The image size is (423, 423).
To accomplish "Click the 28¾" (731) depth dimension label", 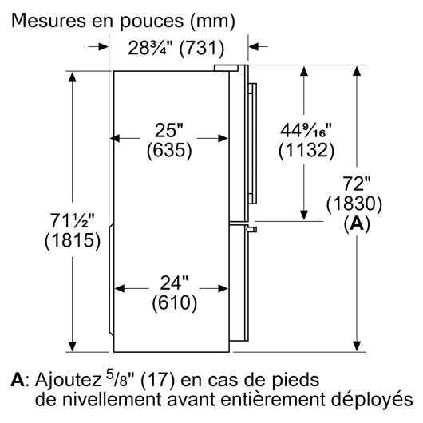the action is click(x=176, y=49).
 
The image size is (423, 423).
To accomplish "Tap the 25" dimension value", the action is click(x=169, y=130).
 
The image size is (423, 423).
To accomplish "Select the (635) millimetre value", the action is click(x=169, y=150).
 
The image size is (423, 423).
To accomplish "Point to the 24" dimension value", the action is click(x=174, y=283).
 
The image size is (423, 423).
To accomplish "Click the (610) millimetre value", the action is click(x=174, y=302).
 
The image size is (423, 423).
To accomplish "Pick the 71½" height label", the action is click(x=73, y=220).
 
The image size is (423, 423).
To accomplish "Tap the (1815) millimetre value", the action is click(x=73, y=240).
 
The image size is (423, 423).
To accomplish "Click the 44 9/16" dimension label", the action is click(x=306, y=130).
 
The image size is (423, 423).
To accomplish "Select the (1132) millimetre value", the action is click(x=306, y=150).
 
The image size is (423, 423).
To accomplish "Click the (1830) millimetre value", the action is click(x=354, y=204).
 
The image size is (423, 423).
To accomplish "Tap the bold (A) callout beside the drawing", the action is click(x=357, y=224).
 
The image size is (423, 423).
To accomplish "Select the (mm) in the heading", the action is click(x=212, y=21).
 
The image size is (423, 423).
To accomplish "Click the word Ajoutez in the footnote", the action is click(x=68, y=381).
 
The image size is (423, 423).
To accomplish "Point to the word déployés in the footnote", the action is click(x=372, y=400).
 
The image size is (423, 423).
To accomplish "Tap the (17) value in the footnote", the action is click(x=158, y=381).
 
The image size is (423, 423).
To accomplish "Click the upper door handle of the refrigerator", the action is click(x=252, y=144).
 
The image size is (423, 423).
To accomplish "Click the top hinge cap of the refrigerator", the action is click(x=226, y=68).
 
